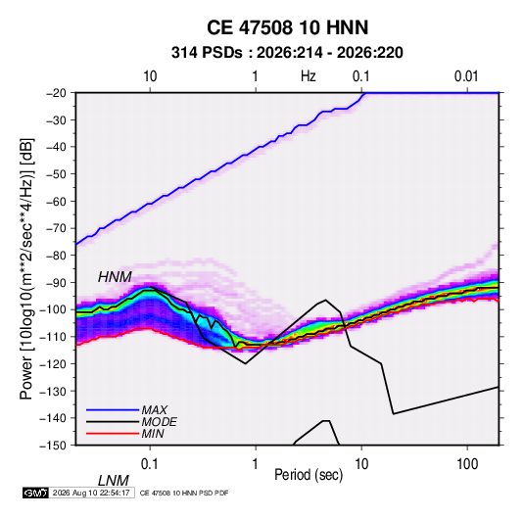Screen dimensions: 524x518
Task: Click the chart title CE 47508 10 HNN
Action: tap(287, 27)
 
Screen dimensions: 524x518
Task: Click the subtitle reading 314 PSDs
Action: tap(207, 53)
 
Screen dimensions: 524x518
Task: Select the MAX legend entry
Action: tap(154, 409)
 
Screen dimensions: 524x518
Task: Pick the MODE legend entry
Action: tap(159, 422)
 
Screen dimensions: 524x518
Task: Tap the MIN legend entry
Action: tap(153, 434)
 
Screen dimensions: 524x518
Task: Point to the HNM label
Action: tap(115, 277)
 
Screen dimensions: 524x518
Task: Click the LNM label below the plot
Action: tap(114, 481)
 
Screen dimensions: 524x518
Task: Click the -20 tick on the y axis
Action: tap(56, 93)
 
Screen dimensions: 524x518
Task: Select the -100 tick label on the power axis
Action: tap(53, 309)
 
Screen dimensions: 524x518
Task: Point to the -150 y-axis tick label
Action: tap(53, 446)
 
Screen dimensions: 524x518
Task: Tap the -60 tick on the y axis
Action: tap(56, 201)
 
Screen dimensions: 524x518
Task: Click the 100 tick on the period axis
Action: tap(467, 464)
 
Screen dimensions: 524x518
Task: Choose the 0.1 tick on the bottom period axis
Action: tap(150, 464)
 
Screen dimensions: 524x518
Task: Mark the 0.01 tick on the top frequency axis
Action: tap(466, 76)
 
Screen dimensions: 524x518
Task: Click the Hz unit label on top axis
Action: tap(308, 76)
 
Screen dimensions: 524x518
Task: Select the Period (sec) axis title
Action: tap(309, 475)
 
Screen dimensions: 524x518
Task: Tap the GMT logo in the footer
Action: tap(35, 493)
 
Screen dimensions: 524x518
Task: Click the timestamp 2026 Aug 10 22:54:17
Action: tap(91, 493)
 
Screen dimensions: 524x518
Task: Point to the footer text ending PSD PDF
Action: tap(184, 493)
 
